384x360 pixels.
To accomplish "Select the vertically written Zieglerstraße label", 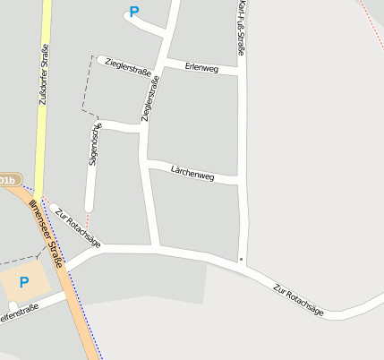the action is click(x=150, y=99).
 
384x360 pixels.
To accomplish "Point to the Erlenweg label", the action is click(x=201, y=67).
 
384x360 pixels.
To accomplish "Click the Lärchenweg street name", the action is click(x=192, y=173).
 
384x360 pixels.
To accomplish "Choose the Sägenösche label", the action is click(x=93, y=143).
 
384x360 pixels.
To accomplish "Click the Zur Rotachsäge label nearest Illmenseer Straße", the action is click(x=77, y=227).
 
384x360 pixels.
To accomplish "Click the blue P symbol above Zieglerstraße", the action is click(x=134, y=13).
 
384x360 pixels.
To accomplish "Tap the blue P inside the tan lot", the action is click(x=24, y=282).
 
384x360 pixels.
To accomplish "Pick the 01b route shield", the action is click(x=7, y=180).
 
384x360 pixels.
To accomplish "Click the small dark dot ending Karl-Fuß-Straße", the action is click(x=241, y=259).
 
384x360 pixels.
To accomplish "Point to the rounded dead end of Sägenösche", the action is click(x=89, y=208).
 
